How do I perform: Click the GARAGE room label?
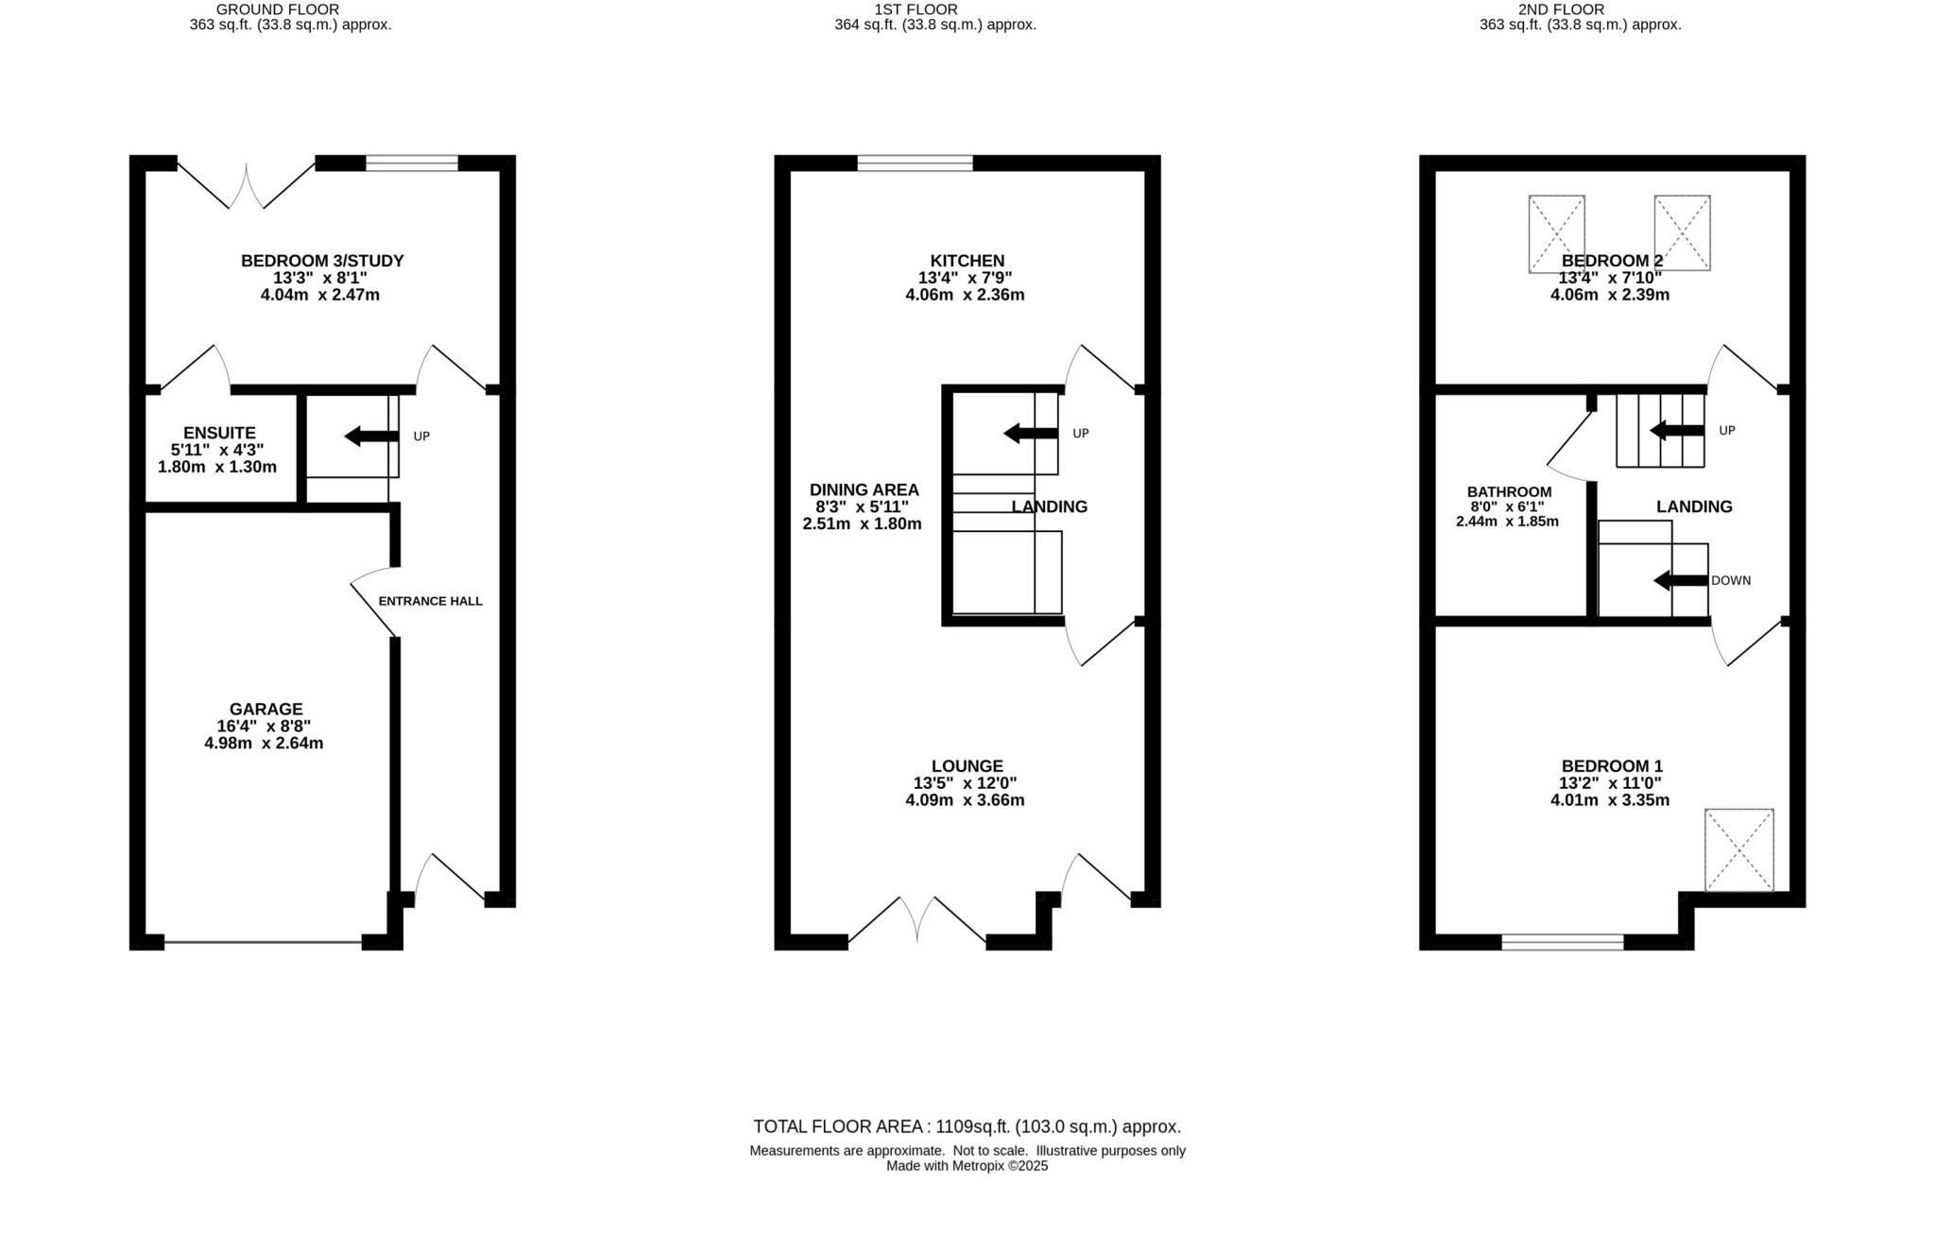(265, 710)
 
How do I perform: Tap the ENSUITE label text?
(219, 433)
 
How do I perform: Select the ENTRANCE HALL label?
(430, 601)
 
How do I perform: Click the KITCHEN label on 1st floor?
(967, 261)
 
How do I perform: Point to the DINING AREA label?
(864, 489)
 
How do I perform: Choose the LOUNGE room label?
(967, 766)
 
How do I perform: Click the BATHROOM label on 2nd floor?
(1509, 492)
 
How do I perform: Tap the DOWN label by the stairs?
(1730, 581)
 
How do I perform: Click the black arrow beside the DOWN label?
(1680, 581)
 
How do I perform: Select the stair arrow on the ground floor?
(371, 437)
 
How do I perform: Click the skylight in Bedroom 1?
(1738, 849)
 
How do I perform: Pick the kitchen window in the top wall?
(915, 163)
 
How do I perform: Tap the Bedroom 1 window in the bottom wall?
(1562, 941)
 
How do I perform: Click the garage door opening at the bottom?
(263, 941)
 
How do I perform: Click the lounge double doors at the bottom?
(916, 921)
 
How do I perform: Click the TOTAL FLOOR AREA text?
(967, 1126)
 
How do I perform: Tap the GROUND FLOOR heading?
(277, 9)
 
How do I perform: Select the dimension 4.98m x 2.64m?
(264, 744)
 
